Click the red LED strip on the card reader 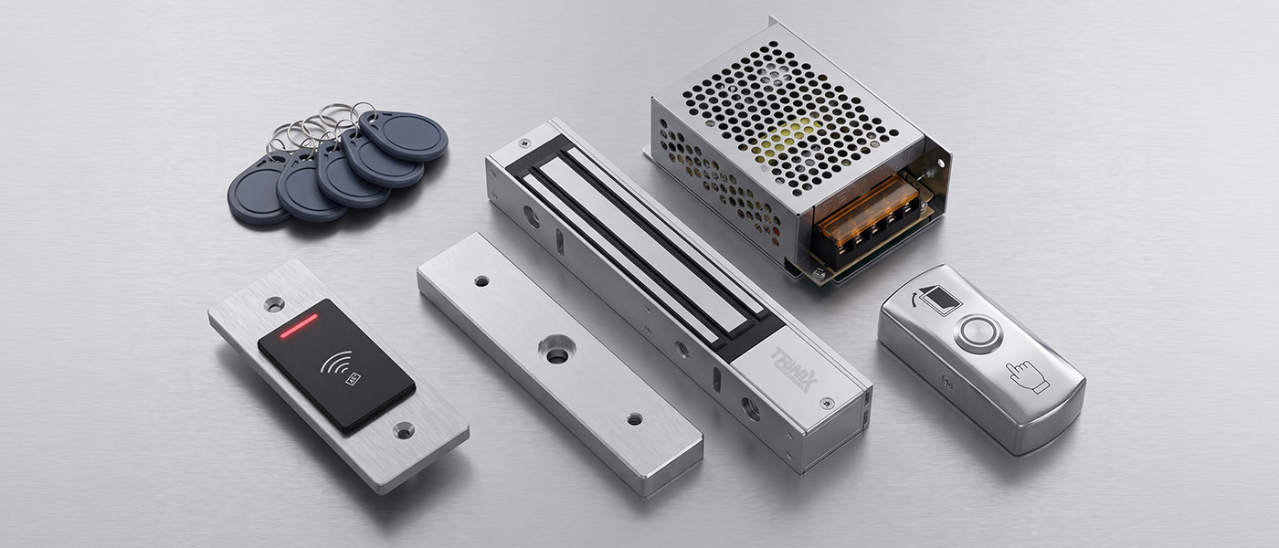click(299, 325)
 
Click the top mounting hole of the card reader click(275, 303)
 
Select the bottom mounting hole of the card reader click(404, 430)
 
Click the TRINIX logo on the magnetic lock click(794, 369)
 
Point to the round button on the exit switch click(978, 333)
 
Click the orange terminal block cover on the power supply click(862, 205)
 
